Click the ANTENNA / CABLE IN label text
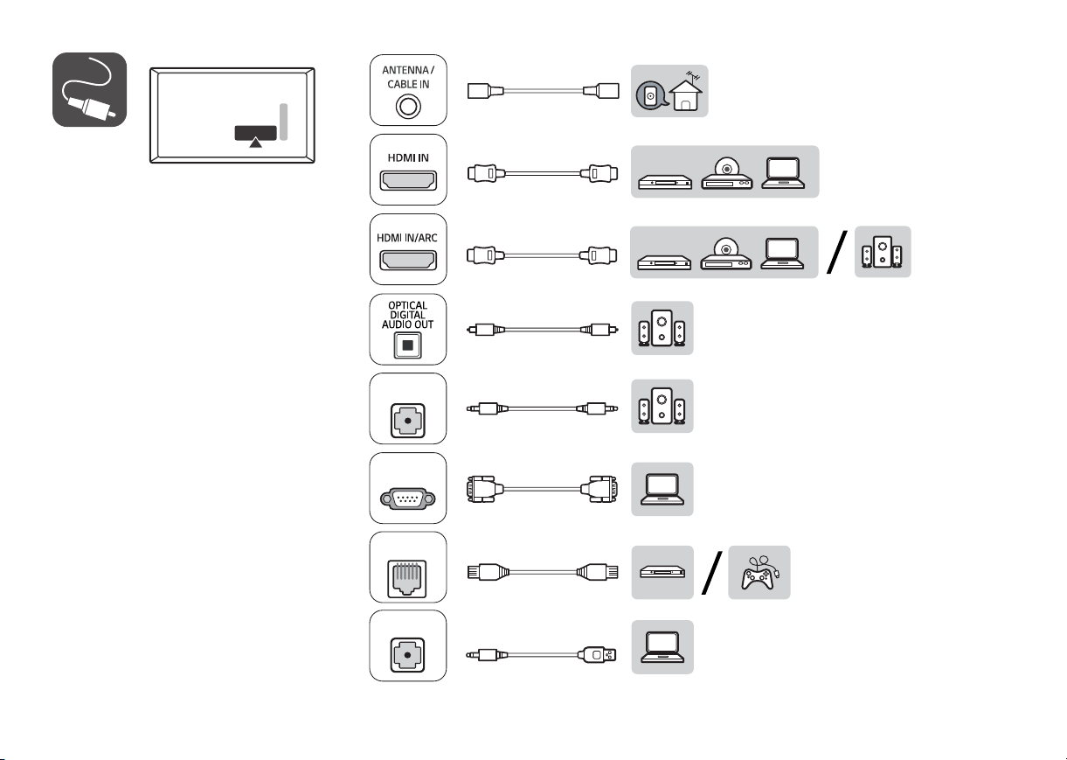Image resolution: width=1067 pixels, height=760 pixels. pos(408,77)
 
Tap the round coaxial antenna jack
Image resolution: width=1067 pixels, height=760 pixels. pos(408,107)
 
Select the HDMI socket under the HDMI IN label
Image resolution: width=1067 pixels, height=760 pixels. pos(408,181)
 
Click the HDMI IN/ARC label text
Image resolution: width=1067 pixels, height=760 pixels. pos(407,238)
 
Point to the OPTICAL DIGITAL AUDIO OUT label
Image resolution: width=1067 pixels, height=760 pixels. pos(408,315)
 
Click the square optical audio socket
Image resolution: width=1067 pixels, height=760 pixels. pos(408,345)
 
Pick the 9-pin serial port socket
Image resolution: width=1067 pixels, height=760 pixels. pos(408,499)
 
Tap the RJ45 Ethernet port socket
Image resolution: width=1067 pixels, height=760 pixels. pos(407,579)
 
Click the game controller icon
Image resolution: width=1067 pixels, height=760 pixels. pos(759,573)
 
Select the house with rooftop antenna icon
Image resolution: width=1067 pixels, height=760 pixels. pos(685,91)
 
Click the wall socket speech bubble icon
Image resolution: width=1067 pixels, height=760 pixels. pos(651,96)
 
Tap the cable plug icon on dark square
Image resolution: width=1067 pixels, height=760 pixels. pos(89,89)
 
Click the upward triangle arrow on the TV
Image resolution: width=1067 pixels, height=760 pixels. pos(256,142)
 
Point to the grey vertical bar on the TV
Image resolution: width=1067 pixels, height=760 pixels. pos(283,122)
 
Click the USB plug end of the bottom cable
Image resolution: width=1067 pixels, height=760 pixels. pos(598,655)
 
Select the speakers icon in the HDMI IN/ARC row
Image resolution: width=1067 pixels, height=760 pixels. pos(883,252)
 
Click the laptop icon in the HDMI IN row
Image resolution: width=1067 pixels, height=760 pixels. pos(783,173)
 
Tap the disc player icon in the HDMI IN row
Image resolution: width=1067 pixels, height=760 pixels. pos(727,173)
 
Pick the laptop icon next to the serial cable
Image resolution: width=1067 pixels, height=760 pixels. pos(662,489)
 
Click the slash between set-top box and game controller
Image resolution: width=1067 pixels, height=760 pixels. pos(712,573)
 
